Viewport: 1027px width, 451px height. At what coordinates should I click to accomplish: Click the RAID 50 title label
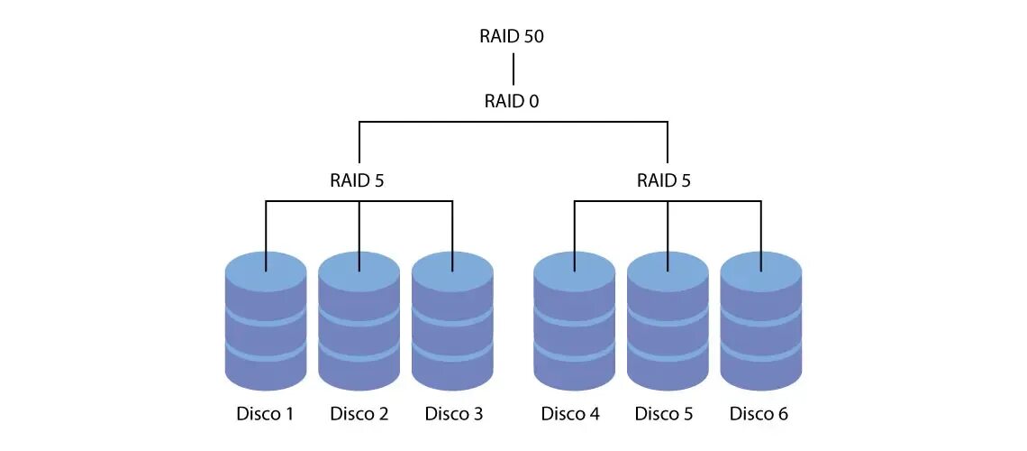point(513,37)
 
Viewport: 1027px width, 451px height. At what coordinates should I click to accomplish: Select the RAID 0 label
point(512,101)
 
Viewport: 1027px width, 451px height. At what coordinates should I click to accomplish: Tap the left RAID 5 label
point(359,180)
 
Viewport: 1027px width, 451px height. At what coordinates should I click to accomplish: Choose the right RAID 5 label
point(665,180)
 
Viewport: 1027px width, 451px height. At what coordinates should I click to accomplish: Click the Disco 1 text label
point(265,414)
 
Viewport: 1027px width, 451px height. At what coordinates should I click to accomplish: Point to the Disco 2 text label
point(359,414)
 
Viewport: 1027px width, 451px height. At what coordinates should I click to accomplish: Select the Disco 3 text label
point(453,414)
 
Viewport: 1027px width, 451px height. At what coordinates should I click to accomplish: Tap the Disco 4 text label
point(570,414)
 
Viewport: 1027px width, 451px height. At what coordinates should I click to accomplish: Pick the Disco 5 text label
point(664,414)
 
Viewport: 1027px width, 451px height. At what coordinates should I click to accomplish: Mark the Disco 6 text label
point(759,414)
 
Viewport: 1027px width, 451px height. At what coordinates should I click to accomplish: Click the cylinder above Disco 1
point(265,325)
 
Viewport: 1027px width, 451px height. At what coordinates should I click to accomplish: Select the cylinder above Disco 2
point(359,325)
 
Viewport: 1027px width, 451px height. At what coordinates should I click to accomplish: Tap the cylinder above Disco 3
point(452,325)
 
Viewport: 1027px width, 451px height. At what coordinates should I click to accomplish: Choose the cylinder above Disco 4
point(575,325)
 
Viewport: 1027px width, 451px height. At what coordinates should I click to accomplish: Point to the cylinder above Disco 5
point(668,325)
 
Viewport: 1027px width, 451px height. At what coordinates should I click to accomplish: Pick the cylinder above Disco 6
point(761,325)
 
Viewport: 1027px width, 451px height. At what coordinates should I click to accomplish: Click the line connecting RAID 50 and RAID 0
point(513,69)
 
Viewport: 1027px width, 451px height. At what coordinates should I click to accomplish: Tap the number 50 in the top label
point(533,37)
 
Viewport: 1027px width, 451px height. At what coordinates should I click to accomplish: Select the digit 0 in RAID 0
point(534,101)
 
